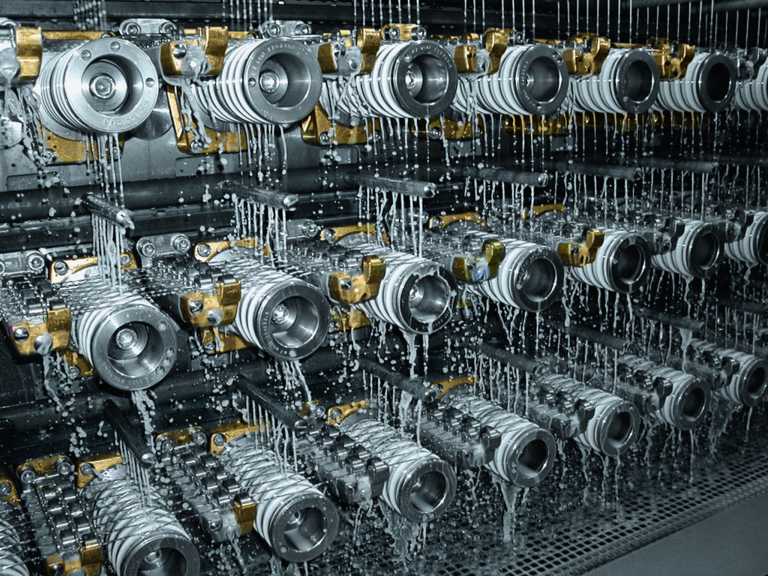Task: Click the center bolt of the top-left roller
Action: point(103,85)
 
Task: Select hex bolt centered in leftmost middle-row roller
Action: point(125,339)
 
